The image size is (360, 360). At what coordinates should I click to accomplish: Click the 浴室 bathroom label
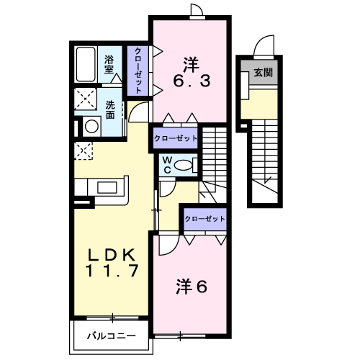(109, 66)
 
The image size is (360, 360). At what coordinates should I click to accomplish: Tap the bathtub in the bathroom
(86, 65)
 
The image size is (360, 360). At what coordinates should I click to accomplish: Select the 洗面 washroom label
(110, 109)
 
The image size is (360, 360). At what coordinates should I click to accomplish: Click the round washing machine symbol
(91, 127)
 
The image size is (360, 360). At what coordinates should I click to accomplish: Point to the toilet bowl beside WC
(186, 165)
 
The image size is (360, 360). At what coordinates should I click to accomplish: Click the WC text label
(166, 165)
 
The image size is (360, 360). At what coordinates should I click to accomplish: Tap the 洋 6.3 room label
(190, 73)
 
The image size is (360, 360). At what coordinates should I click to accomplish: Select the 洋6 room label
(192, 287)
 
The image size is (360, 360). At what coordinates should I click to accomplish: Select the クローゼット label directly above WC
(175, 138)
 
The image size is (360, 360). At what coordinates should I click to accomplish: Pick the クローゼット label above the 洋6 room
(204, 218)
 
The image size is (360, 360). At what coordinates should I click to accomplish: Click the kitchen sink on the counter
(108, 188)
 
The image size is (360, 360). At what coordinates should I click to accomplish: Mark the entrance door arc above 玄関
(266, 45)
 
